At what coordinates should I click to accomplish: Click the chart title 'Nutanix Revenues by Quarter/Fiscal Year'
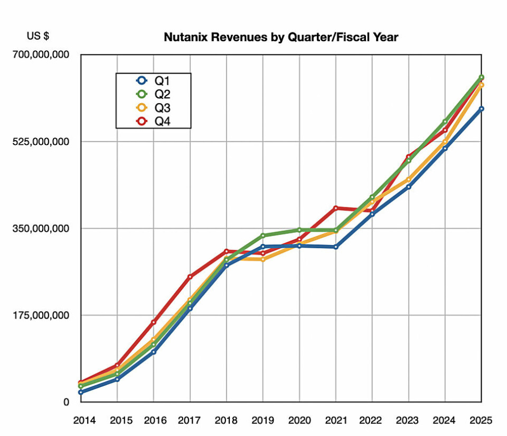(280, 38)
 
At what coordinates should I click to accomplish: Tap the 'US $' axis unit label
(38, 37)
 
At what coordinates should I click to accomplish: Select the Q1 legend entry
(153, 81)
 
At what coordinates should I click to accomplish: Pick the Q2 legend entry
(153, 94)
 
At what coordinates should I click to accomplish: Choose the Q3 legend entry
(153, 108)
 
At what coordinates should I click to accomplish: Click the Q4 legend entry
(153, 121)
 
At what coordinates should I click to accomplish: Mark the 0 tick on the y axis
(66, 402)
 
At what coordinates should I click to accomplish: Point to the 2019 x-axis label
(263, 421)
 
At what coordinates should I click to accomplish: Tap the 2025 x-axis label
(481, 421)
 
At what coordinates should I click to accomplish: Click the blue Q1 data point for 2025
(481, 109)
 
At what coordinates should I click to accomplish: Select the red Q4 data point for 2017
(190, 277)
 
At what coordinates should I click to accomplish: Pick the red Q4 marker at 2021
(335, 208)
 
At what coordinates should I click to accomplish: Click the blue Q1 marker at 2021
(335, 247)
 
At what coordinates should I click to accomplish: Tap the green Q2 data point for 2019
(262, 235)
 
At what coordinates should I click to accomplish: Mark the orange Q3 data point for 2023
(408, 180)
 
